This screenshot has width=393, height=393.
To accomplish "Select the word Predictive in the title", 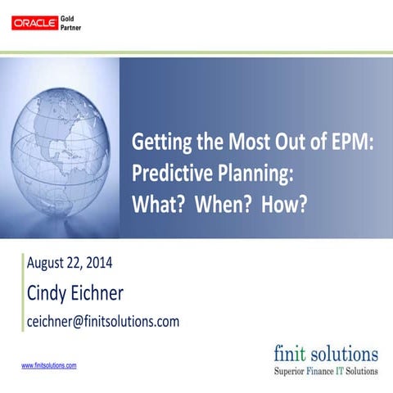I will (169, 174).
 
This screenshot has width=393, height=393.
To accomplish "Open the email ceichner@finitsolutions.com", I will (103, 321).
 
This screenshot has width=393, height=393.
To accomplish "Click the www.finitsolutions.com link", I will (48, 366).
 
